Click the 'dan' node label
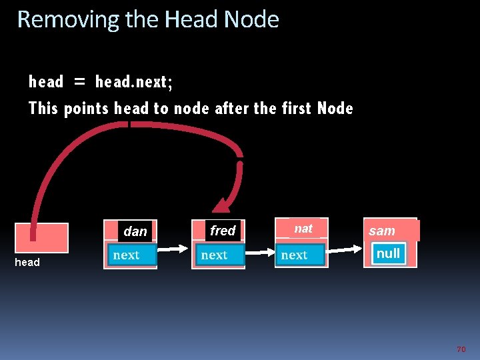pos(135,231)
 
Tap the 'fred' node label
pos(223,231)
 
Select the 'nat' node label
pos(303,229)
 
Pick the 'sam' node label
pos(382,231)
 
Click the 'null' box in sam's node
pos(388,253)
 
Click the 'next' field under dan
pos(127,255)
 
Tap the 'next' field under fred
pos(214,255)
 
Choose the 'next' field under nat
pos(294,255)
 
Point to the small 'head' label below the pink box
pos(27,263)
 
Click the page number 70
pos(461,349)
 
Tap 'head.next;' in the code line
pos(134,82)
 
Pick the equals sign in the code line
pos(80,83)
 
